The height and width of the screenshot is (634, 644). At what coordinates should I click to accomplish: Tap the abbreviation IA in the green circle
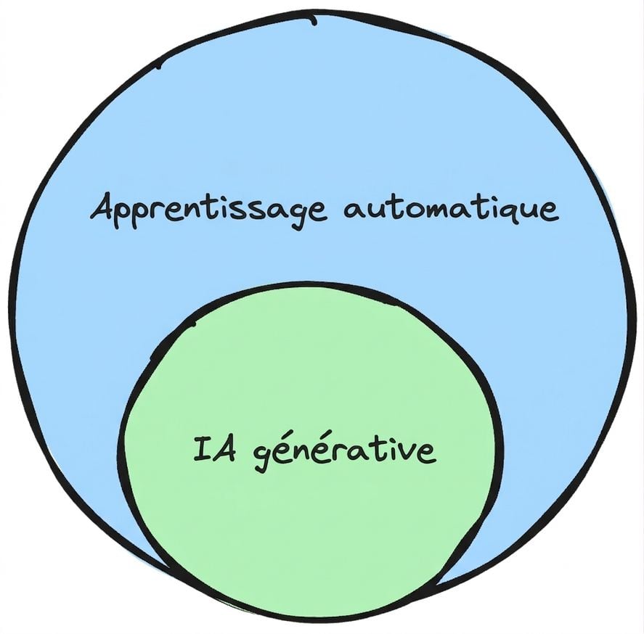tap(214, 449)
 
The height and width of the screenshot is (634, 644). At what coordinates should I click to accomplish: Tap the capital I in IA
tap(202, 449)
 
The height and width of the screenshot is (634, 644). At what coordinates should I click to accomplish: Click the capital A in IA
tap(224, 450)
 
